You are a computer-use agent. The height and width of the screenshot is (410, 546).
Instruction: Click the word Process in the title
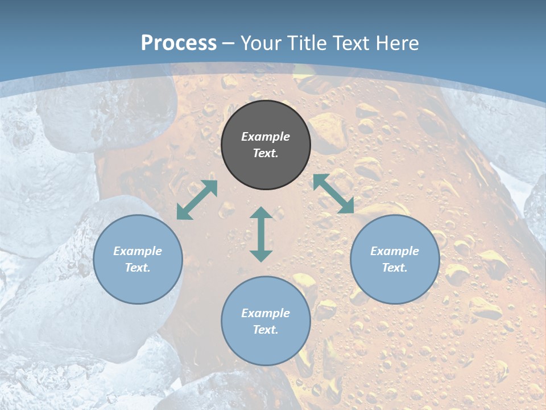(x=179, y=43)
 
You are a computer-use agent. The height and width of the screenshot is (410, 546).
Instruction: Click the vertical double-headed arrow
(x=261, y=234)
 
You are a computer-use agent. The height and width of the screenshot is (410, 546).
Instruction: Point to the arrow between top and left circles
(x=197, y=200)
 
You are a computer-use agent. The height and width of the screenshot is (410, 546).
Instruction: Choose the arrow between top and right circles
(x=333, y=194)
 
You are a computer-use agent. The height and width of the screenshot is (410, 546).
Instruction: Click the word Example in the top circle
(x=266, y=137)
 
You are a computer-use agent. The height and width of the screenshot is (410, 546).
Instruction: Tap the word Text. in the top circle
(x=266, y=153)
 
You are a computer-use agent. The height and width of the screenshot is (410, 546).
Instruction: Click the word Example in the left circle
(x=138, y=251)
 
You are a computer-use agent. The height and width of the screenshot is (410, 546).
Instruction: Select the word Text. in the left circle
(x=138, y=268)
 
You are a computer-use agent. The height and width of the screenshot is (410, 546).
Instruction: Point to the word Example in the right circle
(x=395, y=251)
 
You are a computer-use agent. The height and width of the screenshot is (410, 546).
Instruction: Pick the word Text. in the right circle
(x=395, y=268)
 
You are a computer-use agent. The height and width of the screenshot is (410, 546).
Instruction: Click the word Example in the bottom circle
(x=266, y=313)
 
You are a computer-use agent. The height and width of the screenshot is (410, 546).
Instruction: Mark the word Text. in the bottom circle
(x=266, y=330)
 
